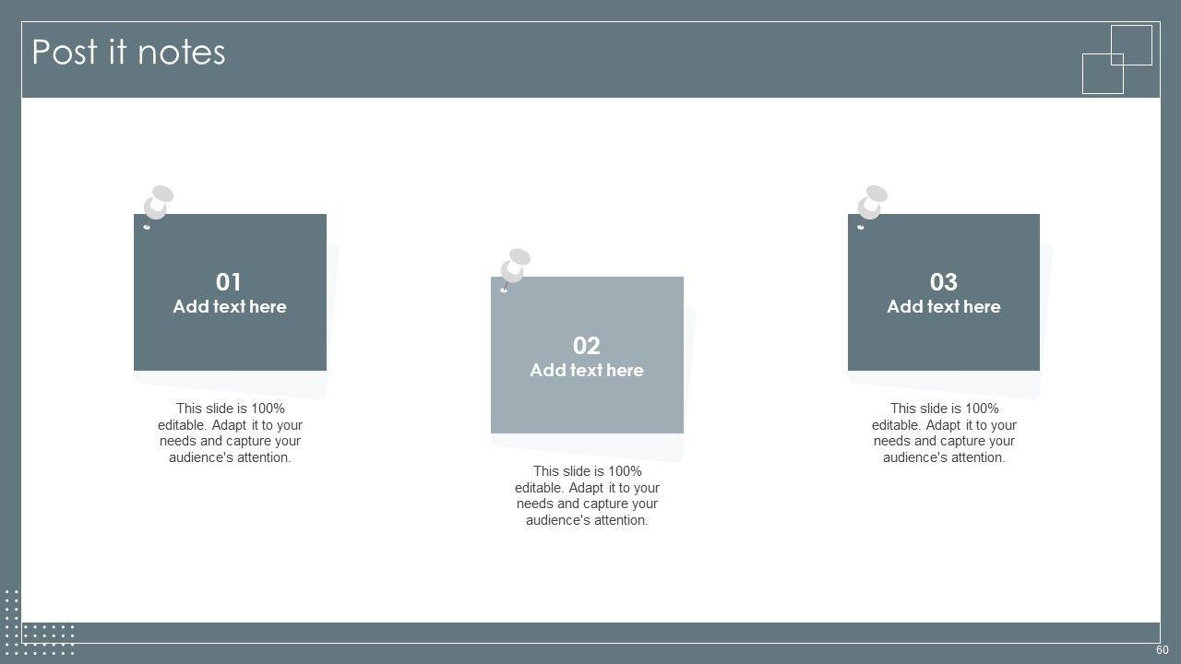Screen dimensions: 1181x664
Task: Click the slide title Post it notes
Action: click(x=128, y=53)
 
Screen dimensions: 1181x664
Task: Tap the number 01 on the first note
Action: click(x=228, y=282)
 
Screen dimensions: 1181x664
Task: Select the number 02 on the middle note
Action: click(x=586, y=346)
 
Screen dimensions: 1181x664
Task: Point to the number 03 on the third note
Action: click(x=943, y=282)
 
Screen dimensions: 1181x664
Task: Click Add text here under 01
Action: click(x=230, y=307)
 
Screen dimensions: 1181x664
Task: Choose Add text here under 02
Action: click(x=587, y=371)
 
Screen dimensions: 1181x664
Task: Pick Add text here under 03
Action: click(x=944, y=307)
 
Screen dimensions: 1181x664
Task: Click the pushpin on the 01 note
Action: click(x=158, y=205)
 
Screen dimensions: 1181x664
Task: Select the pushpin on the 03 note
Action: click(x=872, y=205)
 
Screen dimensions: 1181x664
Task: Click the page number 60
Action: click(x=1162, y=650)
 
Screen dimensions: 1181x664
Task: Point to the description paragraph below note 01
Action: click(x=230, y=433)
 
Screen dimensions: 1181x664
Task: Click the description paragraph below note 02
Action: click(x=587, y=495)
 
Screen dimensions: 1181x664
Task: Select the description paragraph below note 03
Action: click(x=944, y=433)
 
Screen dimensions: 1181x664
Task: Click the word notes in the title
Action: click(x=182, y=53)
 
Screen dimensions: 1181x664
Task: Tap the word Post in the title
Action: click(x=65, y=53)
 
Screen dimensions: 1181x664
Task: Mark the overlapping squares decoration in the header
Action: click(x=1117, y=60)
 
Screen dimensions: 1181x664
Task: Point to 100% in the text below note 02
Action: click(x=625, y=471)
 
